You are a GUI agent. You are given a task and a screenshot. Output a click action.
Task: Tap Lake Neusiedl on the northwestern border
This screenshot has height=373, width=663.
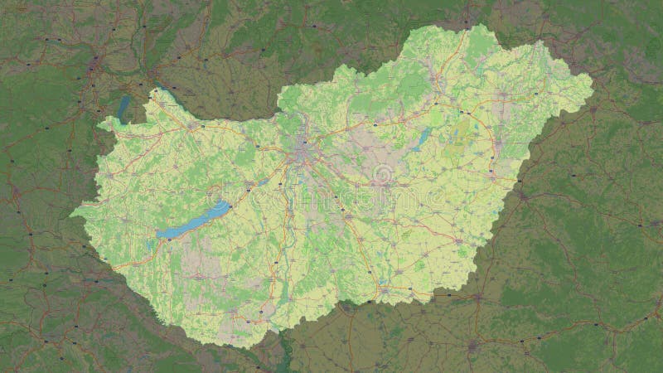(124, 106)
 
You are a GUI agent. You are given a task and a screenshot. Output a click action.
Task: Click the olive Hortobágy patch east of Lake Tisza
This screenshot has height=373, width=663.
(457, 133)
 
